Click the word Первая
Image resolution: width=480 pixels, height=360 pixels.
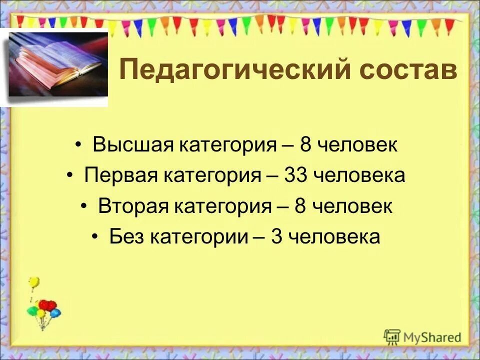pyautogui.click(x=120, y=176)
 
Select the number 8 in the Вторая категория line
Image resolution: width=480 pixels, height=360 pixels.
pyautogui.click(x=300, y=206)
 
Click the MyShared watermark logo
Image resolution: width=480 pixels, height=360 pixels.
pyautogui.click(x=422, y=336)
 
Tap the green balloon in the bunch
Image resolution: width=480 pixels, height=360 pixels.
pyautogui.click(x=32, y=311)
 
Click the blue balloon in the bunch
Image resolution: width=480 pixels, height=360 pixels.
pyautogui.click(x=55, y=313)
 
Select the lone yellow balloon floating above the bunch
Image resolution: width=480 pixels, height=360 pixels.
pyautogui.click(x=33, y=283)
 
